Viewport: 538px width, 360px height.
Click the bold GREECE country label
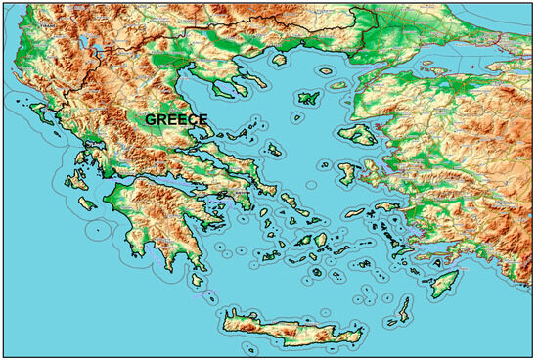pos(176,118)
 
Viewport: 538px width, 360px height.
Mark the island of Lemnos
pos(309,98)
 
